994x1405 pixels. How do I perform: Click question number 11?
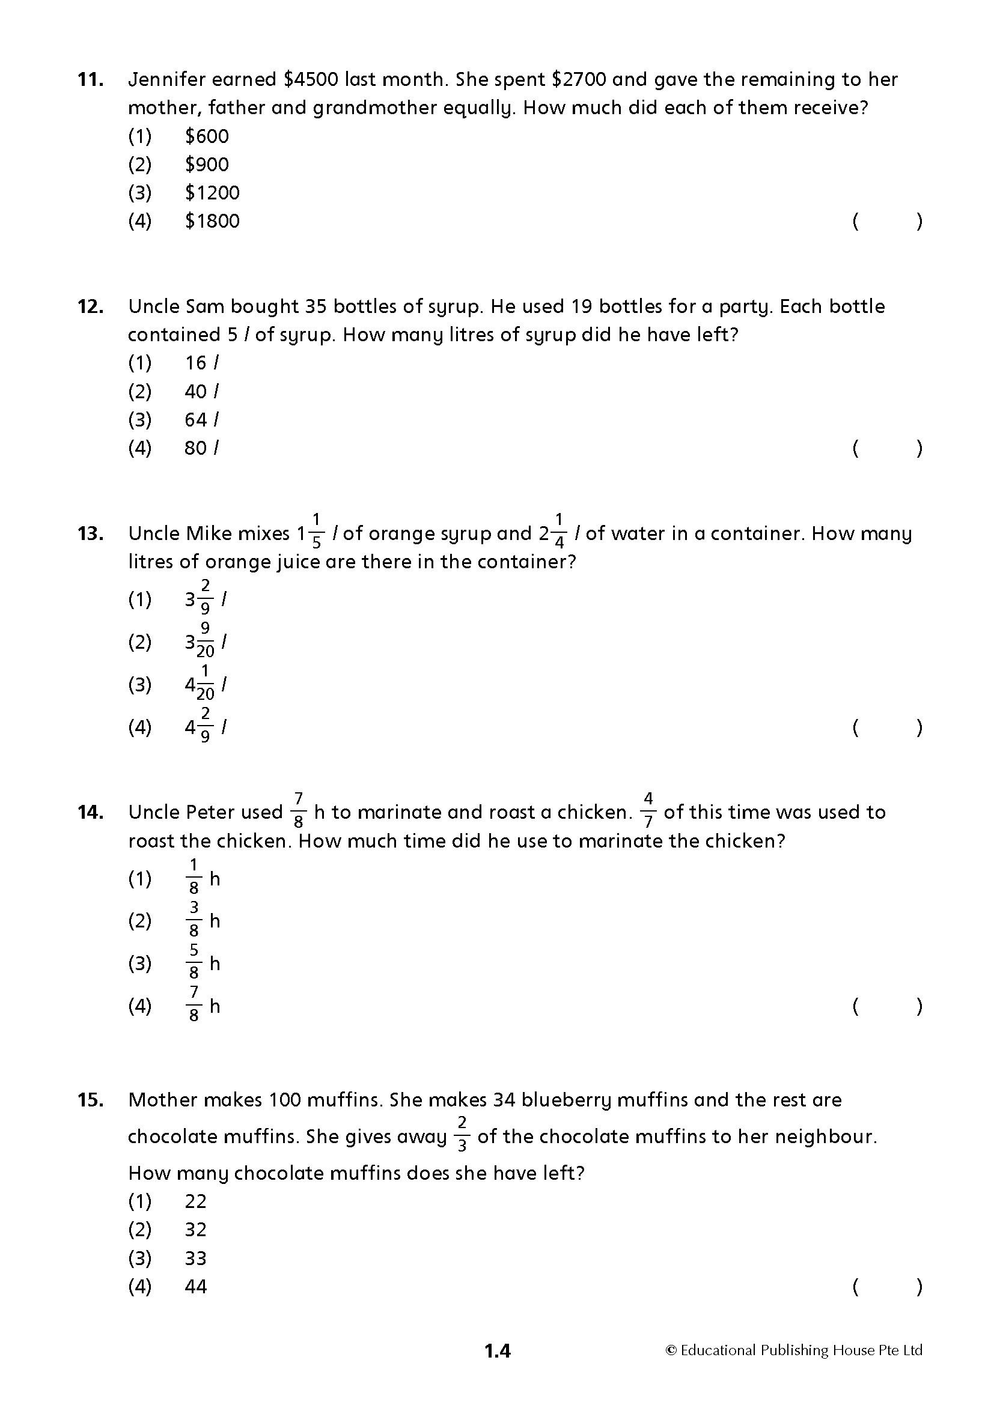click(90, 80)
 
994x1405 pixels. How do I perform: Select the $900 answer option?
click(206, 165)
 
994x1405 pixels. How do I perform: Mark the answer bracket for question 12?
click(887, 449)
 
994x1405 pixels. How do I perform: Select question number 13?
click(90, 534)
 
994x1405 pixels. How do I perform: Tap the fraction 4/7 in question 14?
click(648, 811)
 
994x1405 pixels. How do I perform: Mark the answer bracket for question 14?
click(887, 1007)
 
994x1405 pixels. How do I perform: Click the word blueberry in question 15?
click(566, 1100)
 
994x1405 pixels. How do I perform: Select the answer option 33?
click(196, 1259)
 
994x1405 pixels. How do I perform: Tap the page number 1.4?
click(497, 1351)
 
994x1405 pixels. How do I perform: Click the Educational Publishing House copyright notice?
click(794, 1350)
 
